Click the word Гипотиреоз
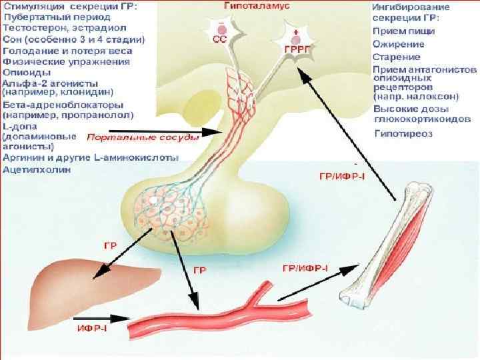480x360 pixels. pyautogui.click(x=404, y=133)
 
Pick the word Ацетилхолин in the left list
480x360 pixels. pyautogui.click(x=34, y=169)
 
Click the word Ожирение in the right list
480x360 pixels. pyautogui.click(x=396, y=43)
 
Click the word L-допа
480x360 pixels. pyautogui.click(x=20, y=126)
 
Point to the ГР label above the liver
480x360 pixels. pyautogui.click(x=111, y=246)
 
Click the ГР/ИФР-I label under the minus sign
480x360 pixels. pyautogui.click(x=337, y=175)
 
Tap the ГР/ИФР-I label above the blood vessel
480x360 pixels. pyautogui.click(x=306, y=268)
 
